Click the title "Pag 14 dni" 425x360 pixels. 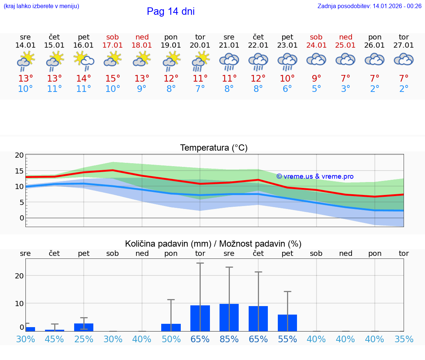pyautogui.click(x=170, y=11)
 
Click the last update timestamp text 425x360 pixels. pyautogui.click(x=369, y=6)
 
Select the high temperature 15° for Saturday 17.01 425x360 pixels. pyautogui.click(x=113, y=78)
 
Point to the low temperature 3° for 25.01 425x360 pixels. pyautogui.click(x=346, y=89)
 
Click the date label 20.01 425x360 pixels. pyautogui.click(x=200, y=45)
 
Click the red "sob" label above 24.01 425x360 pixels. pyautogui.click(x=316, y=37)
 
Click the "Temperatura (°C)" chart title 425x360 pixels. pyautogui.click(x=214, y=148)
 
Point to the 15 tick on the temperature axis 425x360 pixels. pyautogui.click(x=19, y=171)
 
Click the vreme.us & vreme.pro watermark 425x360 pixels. pyautogui.click(x=315, y=176)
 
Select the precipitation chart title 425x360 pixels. pyautogui.click(x=213, y=244)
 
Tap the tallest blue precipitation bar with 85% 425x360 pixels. pyautogui.click(x=229, y=318)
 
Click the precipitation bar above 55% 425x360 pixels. pyautogui.click(x=287, y=323)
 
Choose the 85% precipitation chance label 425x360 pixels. pyautogui.click(x=229, y=339)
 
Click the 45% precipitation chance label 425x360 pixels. pyautogui.click(x=55, y=339)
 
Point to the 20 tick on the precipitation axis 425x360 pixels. pyautogui.click(x=19, y=275)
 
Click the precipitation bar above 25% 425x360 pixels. pyautogui.click(x=84, y=327)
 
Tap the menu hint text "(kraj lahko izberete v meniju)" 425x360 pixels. pyautogui.click(x=41, y=6)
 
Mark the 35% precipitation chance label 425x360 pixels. pyautogui.click(x=404, y=339)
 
